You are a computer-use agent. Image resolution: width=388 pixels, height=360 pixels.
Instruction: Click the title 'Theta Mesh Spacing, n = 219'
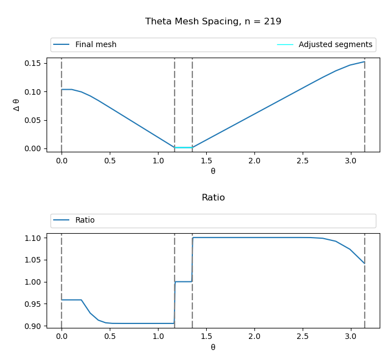(x=213, y=22)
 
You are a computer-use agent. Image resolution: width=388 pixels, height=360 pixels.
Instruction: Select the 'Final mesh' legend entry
(x=95, y=45)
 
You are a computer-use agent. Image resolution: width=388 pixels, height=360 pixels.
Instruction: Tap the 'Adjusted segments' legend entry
(x=335, y=45)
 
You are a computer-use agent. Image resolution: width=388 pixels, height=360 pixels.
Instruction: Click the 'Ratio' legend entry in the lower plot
(x=85, y=220)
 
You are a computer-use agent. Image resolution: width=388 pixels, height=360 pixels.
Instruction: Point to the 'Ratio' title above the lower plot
(x=213, y=198)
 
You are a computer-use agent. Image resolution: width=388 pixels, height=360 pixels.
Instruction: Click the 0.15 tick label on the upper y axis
(x=33, y=63)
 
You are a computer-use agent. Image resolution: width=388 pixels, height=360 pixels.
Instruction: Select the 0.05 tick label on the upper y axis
(x=33, y=120)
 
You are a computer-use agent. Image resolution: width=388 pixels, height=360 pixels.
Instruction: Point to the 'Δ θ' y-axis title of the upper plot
(x=17, y=105)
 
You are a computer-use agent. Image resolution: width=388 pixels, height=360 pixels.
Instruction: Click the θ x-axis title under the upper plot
(x=213, y=172)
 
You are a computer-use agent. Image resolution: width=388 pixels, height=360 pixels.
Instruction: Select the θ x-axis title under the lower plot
(x=213, y=347)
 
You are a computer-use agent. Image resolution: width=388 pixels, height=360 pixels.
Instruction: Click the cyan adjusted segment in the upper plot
(x=183, y=147)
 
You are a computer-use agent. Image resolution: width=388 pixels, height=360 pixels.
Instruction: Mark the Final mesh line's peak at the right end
(x=364, y=61)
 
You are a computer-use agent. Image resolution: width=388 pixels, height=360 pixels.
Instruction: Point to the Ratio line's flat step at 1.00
(x=183, y=281)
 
